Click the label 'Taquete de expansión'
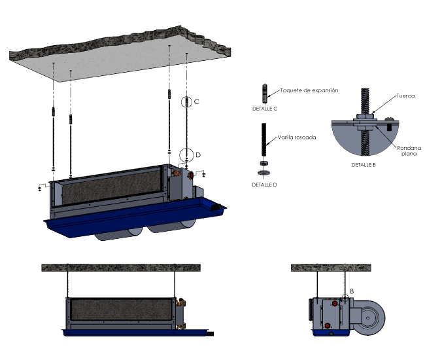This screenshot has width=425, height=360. coord(309,90)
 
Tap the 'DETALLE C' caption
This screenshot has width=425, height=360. coord(265,109)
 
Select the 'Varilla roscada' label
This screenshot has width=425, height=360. coord(297,137)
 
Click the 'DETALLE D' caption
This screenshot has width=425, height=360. coord(264,185)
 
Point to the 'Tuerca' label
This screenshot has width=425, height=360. coord(405,96)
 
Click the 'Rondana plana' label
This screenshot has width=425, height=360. coord(409,151)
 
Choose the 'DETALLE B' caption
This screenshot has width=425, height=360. coord(364,165)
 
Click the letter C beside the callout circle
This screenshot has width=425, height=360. coord(197,101)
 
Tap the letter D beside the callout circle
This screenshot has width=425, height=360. coord(198,155)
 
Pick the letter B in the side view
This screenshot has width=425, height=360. coord(352,291)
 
